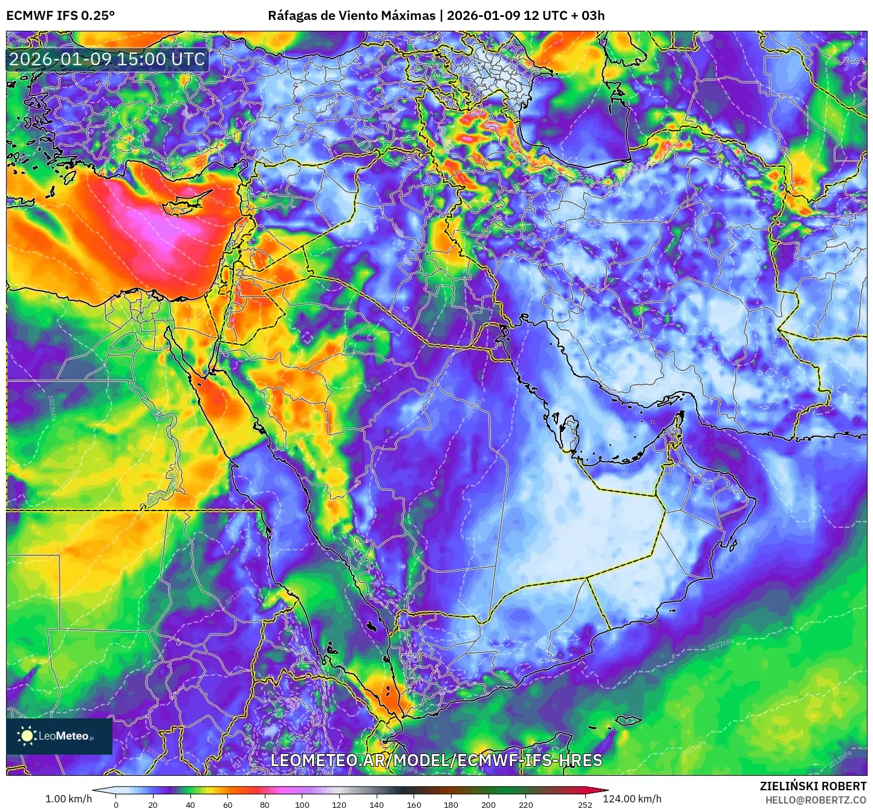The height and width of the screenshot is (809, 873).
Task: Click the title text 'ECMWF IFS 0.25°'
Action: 60,16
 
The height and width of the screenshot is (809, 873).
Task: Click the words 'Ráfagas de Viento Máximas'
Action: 351,16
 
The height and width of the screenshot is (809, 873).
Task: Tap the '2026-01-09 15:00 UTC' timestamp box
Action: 107,59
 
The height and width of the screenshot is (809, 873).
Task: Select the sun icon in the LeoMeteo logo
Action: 27,735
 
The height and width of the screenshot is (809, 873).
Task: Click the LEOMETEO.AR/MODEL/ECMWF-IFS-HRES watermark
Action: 436,760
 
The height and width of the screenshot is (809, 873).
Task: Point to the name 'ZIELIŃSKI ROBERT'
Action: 813,786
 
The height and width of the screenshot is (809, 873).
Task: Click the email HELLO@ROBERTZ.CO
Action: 816,800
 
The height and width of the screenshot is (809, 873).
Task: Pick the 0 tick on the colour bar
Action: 116,804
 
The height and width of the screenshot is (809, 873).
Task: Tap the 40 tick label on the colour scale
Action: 190,804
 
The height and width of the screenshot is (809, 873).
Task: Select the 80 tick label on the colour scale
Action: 265,804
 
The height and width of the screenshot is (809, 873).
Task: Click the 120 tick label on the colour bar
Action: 339,804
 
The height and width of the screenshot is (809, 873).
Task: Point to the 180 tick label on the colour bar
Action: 451,804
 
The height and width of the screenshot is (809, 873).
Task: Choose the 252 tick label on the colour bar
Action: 585,804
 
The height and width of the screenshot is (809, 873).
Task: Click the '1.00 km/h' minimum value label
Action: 68,799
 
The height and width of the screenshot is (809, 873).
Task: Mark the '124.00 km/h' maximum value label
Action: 632,799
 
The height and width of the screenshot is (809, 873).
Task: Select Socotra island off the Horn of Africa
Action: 629,720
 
